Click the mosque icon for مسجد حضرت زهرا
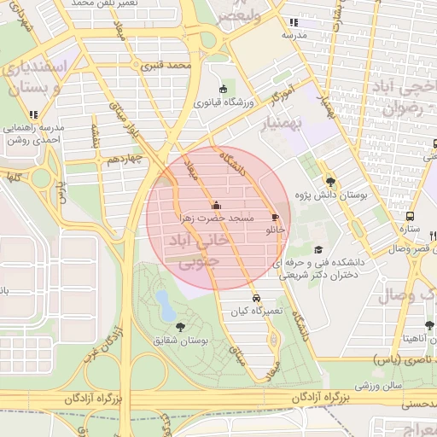[215, 205]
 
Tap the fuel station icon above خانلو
[274, 217]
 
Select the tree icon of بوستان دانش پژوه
[330, 181]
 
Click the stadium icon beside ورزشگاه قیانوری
[224, 89]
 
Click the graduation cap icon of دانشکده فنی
[318, 249]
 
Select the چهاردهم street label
[117, 159]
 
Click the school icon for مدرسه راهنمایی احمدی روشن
[33, 114]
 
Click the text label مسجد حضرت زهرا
[217, 218]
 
